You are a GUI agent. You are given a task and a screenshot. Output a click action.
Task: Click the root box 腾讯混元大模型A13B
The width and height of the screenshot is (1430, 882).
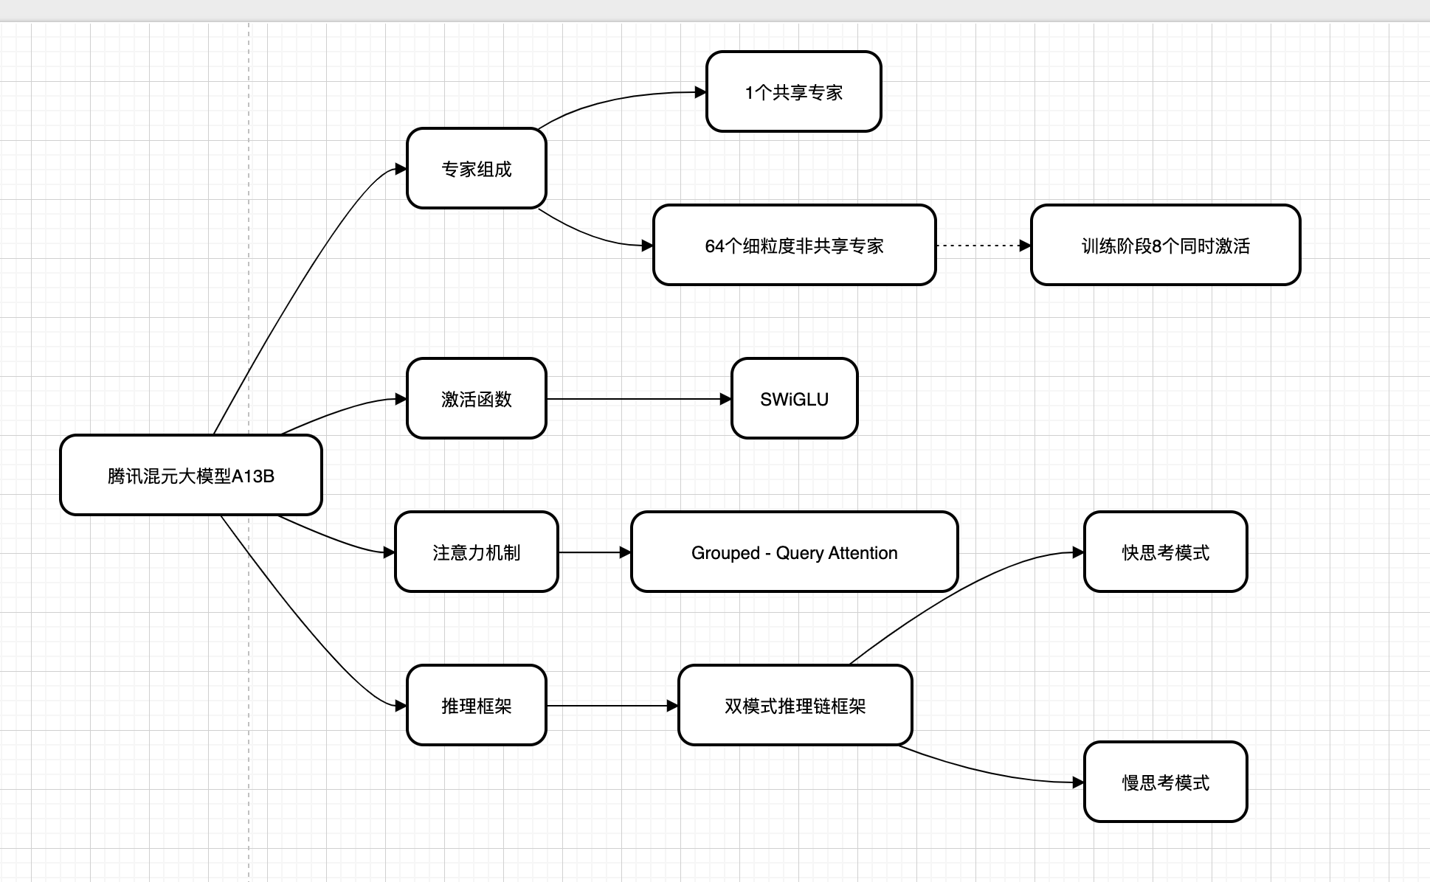tap(190, 476)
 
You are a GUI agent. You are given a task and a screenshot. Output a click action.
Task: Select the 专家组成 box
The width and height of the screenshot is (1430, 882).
tap(476, 169)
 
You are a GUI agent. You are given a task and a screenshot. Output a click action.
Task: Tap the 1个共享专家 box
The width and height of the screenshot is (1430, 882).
tap(793, 92)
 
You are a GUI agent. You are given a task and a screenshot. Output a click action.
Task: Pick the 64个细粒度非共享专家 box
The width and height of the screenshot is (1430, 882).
tap(794, 246)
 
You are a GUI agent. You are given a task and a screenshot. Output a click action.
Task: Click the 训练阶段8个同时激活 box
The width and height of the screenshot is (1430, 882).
tap(1165, 246)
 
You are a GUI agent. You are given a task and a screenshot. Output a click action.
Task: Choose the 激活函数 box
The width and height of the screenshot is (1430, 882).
tap(476, 399)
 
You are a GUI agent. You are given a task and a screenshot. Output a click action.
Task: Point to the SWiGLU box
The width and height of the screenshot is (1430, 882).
tap(794, 399)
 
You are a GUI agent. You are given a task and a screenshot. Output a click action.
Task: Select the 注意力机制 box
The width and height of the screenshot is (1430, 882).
tap(476, 552)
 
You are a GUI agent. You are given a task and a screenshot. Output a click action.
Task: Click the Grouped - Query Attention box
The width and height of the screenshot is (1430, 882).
tap(794, 552)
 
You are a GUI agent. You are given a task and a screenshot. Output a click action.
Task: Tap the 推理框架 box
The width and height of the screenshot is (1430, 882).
tap(476, 706)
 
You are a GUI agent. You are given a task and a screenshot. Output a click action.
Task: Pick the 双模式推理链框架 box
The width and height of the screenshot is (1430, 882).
tap(795, 706)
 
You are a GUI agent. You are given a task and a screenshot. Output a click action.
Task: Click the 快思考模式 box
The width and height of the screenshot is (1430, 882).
tap(1165, 552)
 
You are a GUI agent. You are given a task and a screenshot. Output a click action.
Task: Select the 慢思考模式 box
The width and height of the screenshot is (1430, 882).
tap(1165, 782)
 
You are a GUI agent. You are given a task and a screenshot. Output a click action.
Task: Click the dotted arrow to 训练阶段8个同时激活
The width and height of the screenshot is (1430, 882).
tap(981, 246)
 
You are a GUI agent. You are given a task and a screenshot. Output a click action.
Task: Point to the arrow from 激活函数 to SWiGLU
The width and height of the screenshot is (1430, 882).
tap(638, 399)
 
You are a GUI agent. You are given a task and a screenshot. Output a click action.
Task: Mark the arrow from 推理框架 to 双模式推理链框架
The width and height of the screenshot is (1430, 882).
tap(612, 706)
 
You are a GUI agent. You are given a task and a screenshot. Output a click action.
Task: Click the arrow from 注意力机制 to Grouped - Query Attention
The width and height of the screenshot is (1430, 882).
tap(594, 552)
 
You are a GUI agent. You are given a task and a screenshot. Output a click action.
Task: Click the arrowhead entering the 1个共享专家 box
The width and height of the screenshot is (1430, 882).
tap(701, 92)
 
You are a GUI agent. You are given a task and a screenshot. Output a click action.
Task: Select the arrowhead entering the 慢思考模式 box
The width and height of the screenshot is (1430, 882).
tap(1079, 782)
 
